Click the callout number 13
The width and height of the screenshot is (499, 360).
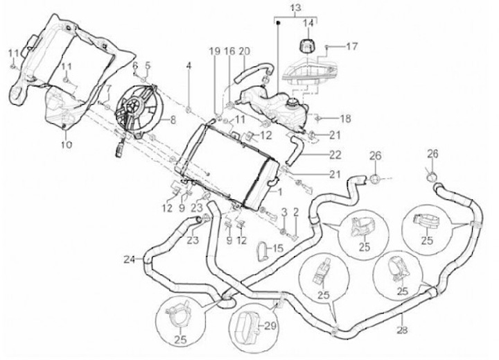click(296, 8)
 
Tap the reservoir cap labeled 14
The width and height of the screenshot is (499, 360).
click(306, 46)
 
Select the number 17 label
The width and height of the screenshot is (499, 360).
click(352, 46)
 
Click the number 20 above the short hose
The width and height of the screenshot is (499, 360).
click(244, 51)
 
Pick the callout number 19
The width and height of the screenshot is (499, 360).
click(215, 51)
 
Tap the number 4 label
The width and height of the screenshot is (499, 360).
click(187, 66)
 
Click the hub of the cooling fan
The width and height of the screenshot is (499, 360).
click(135, 109)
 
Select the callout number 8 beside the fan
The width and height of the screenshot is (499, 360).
click(174, 119)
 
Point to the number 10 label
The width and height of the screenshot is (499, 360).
click(66, 145)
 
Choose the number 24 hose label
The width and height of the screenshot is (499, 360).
click(128, 261)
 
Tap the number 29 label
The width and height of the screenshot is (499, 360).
click(270, 325)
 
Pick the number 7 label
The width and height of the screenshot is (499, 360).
click(108, 88)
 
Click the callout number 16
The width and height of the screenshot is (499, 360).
click(229, 51)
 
